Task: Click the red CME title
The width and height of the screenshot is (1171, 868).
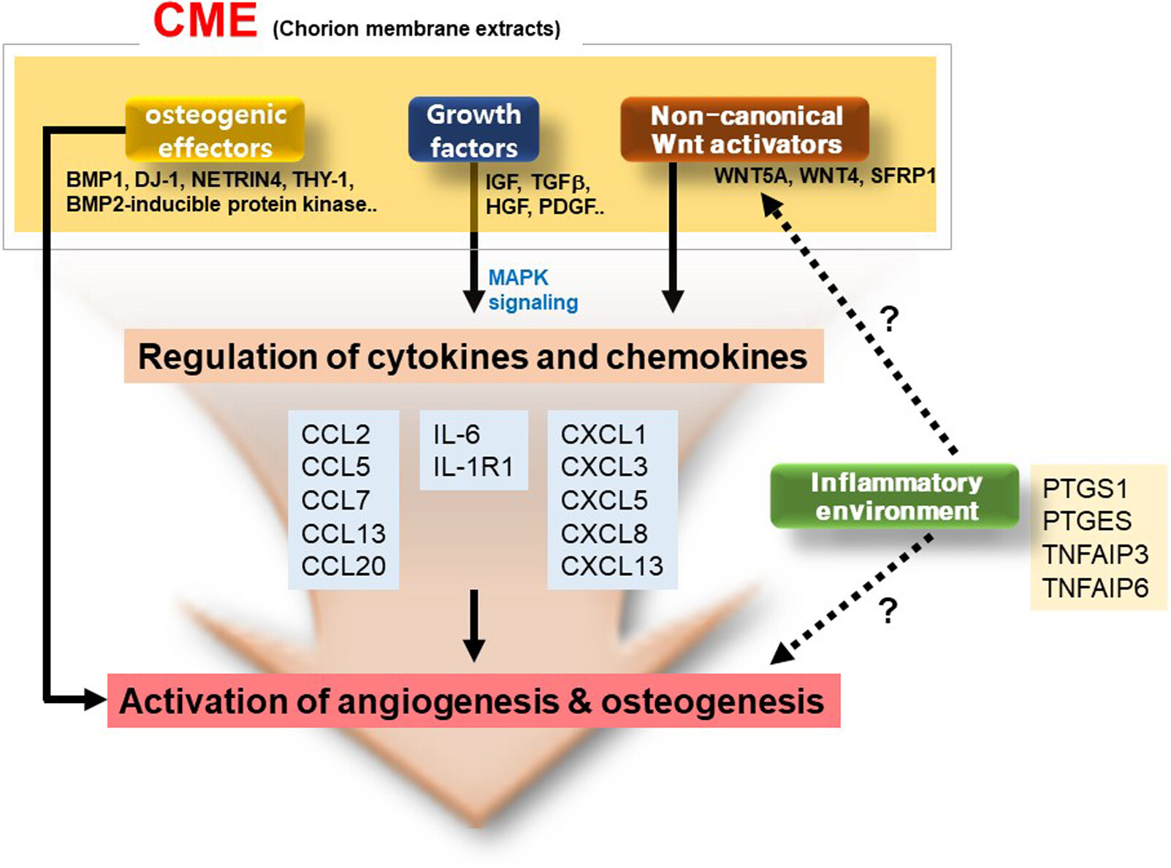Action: coord(205,20)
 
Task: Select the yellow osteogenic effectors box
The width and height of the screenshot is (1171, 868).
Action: coord(215,129)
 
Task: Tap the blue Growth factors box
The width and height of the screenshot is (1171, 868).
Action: coord(473,129)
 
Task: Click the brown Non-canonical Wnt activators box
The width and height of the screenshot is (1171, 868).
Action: coord(745,129)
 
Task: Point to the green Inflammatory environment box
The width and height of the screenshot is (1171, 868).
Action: coord(895,496)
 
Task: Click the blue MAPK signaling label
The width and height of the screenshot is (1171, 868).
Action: coord(533,290)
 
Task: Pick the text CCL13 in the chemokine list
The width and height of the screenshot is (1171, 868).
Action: coord(343,534)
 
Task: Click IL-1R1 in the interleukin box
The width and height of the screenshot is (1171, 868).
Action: coord(473,466)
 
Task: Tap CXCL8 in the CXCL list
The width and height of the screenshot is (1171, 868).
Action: coord(604,534)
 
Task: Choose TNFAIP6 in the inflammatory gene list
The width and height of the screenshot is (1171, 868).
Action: coord(1096,588)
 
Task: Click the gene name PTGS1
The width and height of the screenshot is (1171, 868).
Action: coord(1085,488)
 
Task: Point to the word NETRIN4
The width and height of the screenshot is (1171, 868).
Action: coord(237,180)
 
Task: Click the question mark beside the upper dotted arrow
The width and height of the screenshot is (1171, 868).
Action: coord(889,319)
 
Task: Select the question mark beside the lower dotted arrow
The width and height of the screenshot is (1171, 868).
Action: coord(889,610)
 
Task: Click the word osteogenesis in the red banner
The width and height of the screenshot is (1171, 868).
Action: coord(713,702)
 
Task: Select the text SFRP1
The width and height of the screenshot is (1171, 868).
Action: coord(903,176)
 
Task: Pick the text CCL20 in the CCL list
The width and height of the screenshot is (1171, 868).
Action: coord(343,566)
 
